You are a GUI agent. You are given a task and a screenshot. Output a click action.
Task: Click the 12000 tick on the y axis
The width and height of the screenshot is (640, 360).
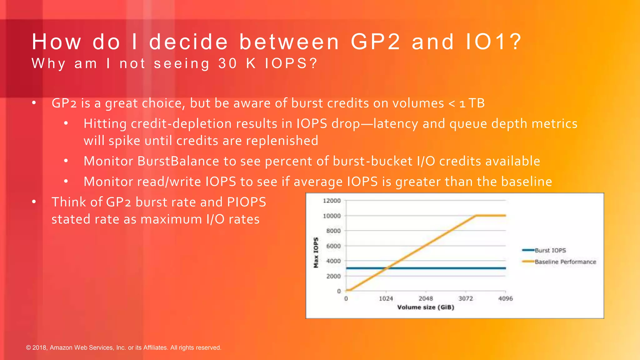pos(332,201)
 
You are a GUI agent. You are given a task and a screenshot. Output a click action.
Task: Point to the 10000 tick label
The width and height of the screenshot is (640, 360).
pos(332,216)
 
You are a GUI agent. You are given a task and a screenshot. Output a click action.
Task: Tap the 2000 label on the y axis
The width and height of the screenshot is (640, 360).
pos(333,276)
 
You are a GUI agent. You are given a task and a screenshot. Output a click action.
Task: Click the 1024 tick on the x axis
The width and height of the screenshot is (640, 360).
pos(386,298)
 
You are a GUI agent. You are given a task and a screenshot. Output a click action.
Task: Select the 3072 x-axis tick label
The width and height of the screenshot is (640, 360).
pos(466,298)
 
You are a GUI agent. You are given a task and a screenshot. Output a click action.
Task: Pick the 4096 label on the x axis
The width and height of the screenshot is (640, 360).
pos(505,298)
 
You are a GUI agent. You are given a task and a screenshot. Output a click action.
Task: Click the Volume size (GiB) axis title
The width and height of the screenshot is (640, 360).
pos(426,307)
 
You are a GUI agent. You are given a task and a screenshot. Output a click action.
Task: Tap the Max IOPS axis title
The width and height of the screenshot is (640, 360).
pos(316,252)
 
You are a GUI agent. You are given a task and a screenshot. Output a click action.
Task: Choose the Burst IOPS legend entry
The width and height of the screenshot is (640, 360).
pos(550,250)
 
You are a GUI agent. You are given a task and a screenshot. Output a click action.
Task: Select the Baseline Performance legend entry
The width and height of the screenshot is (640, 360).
pos(565,262)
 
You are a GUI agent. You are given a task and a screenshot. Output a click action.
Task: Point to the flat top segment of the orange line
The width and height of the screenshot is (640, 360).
pos(491,216)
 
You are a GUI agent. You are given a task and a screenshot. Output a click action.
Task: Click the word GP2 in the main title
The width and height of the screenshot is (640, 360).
pos(375,42)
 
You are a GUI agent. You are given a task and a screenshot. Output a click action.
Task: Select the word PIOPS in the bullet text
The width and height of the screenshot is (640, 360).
pos(247,202)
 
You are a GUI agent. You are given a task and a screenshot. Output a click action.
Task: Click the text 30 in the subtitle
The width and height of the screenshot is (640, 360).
pos(228,63)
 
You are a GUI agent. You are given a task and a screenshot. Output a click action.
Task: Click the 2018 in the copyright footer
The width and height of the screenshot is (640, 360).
pos(39,347)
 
